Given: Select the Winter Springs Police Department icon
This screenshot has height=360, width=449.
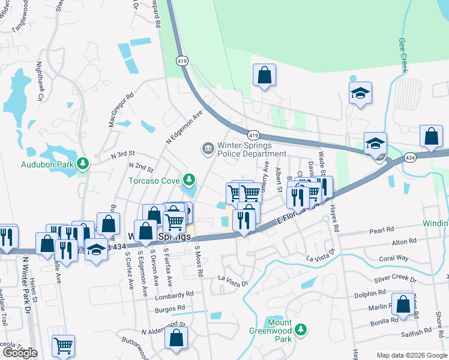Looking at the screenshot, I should pos(208,148).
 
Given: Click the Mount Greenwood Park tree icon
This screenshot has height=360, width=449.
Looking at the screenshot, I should pos(301,329).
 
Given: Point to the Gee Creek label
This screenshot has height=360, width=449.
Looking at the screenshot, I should pos(403,56).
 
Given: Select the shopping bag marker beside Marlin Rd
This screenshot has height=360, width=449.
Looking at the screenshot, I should pos(403,304).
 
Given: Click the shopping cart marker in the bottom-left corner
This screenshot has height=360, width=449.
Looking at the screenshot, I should pos(63,346).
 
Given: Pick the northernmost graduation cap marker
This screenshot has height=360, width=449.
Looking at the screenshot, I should pos(360,94).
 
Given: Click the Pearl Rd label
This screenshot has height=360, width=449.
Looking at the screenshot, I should pos(381,230).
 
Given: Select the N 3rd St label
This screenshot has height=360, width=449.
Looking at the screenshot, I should pos(123,154).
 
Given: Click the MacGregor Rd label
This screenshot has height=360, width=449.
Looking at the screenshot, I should pos(121,109).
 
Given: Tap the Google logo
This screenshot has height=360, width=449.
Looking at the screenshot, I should pos(20,353).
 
